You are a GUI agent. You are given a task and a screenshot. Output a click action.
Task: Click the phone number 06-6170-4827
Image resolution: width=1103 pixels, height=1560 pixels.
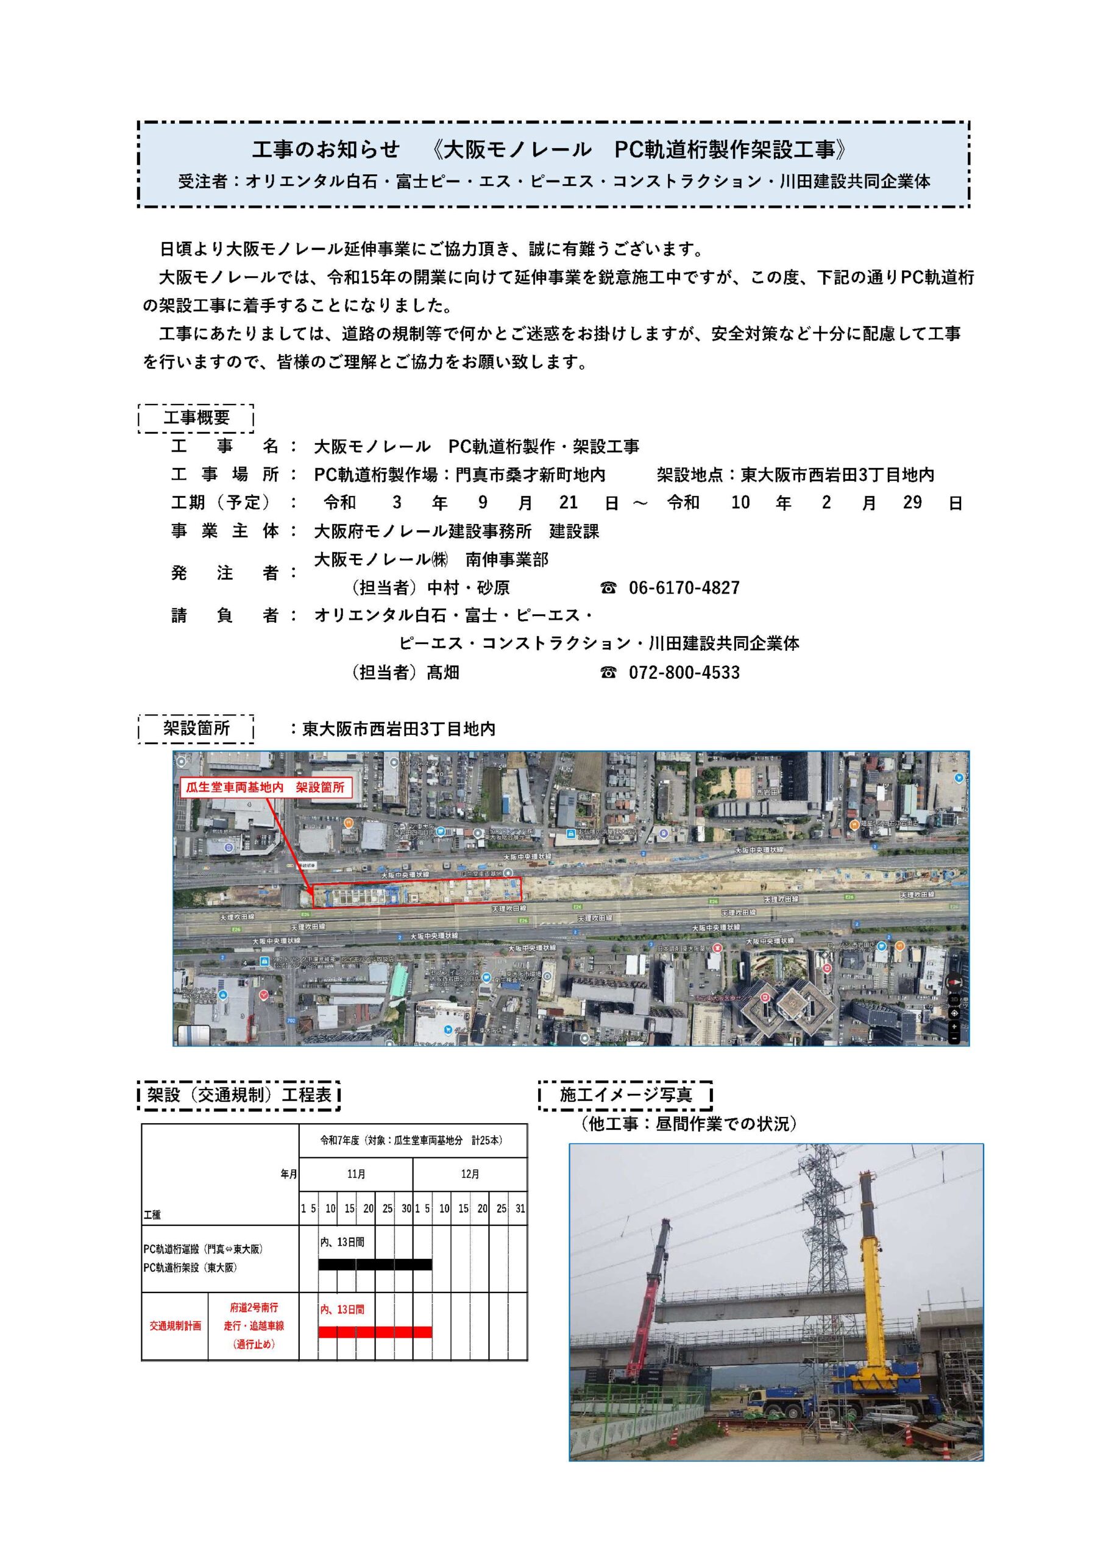click(x=683, y=587)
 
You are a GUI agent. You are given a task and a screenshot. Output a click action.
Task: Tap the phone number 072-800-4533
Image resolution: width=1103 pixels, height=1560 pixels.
click(x=683, y=673)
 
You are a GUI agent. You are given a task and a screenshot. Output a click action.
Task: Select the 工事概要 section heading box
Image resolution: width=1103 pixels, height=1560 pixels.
click(x=196, y=418)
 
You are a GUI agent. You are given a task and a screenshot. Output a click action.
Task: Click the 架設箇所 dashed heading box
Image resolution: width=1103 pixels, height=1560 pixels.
click(x=196, y=728)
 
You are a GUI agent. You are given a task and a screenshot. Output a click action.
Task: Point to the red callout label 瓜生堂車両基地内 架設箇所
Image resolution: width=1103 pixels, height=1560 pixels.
click(x=265, y=787)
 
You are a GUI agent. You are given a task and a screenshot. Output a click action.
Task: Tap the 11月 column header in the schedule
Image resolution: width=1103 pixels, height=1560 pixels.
click(x=356, y=1174)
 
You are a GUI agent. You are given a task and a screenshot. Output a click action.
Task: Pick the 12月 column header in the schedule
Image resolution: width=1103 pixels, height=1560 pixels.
click(x=470, y=1174)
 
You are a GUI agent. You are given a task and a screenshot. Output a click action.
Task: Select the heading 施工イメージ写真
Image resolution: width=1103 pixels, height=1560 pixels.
click(x=625, y=1094)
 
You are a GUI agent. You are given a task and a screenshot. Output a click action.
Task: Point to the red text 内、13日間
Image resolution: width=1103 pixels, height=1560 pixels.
click(x=342, y=1310)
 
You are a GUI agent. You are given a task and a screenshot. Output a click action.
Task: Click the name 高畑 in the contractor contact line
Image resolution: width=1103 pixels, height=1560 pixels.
click(x=443, y=673)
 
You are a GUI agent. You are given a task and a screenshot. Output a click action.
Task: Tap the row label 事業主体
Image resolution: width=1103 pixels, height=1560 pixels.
click(x=225, y=531)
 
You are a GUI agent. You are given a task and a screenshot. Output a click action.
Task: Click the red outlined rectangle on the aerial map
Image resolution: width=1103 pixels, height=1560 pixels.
click(x=416, y=892)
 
